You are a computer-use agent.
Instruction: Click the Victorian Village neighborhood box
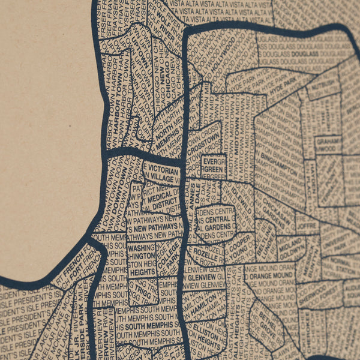(x=161, y=173)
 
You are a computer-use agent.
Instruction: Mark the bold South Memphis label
(x=153, y=327)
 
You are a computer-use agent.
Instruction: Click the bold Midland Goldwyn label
(x=290, y=247)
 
